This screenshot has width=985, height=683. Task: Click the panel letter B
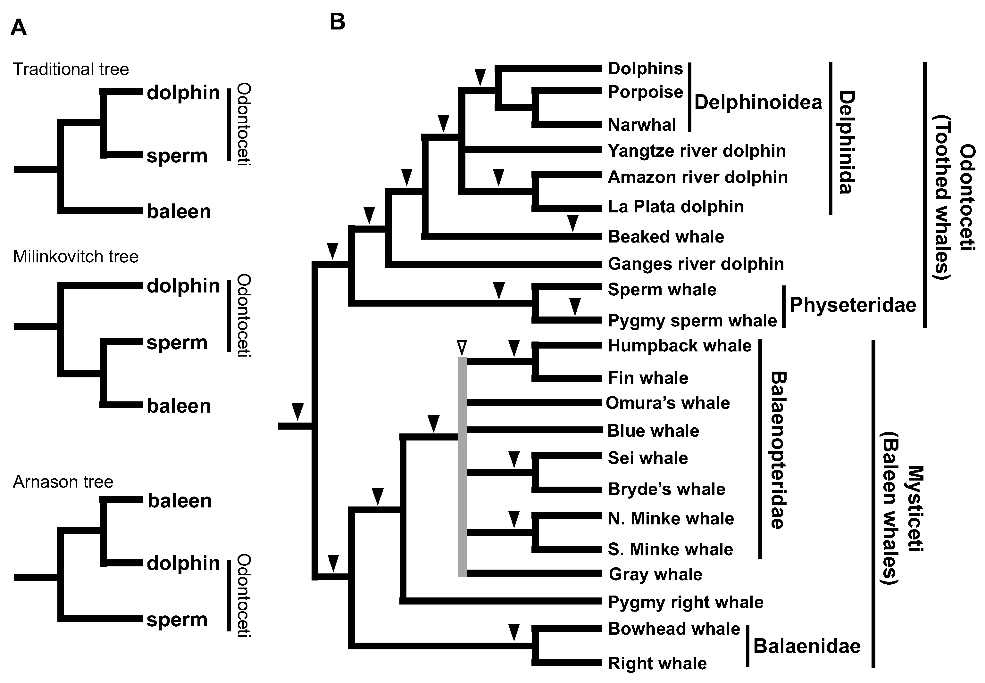pyautogui.click(x=337, y=22)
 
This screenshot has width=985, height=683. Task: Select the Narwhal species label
pyautogui.click(x=642, y=125)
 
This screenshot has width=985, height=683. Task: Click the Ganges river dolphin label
pyautogui.click(x=696, y=264)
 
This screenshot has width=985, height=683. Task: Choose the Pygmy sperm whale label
pyautogui.click(x=692, y=321)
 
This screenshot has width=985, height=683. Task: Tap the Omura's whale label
pyautogui.click(x=667, y=403)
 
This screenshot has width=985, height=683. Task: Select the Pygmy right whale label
pyautogui.click(x=685, y=602)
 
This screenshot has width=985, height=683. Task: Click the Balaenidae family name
pyautogui.click(x=806, y=646)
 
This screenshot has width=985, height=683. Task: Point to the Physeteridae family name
pyautogui.click(x=852, y=305)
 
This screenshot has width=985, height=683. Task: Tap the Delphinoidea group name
pyautogui.click(x=758, y=102)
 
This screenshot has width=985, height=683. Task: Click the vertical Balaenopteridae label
pyautogui.click(x=778, y=450)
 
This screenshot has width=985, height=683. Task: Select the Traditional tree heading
pyautogui.click(x=71, y=69)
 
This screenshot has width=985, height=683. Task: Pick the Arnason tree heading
pyautogui.click(x=63, y=482)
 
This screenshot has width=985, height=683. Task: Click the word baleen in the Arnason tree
pyautogui.click(x=179, y=501)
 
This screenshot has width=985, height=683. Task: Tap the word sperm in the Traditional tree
pyautogui.click(x=177, y=156)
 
